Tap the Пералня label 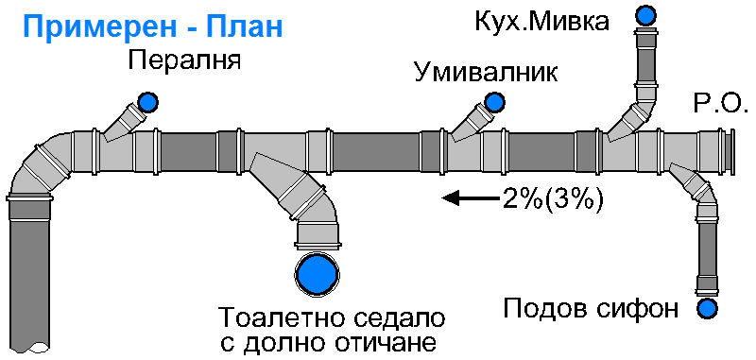(185, 63)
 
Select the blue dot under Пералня (147, 101)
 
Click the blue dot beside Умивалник (494, 101)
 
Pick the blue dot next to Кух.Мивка (646, 14)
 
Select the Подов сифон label (592, 309)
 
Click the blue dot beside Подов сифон (706, 308)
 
